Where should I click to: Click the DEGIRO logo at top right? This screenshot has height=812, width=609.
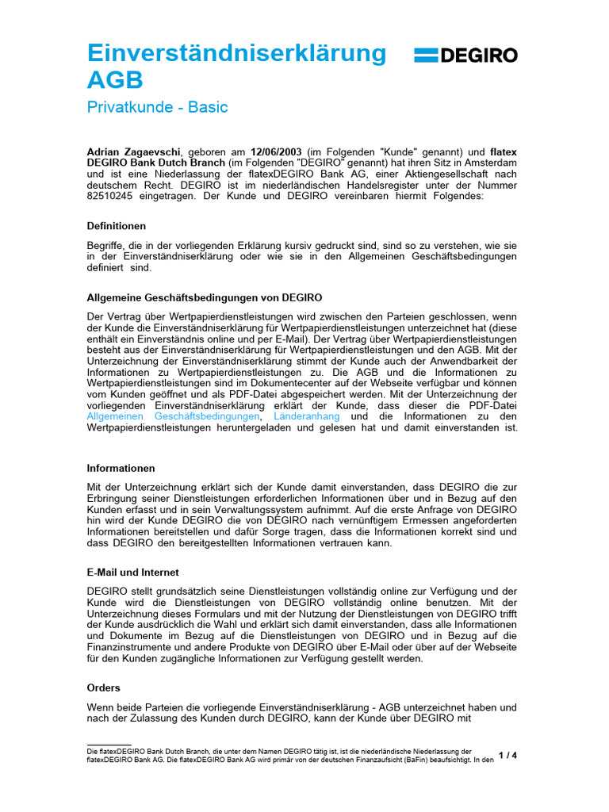(465, 55)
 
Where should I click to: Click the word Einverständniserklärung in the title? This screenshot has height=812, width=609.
(236, 52)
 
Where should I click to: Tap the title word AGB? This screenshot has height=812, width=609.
(115, 80)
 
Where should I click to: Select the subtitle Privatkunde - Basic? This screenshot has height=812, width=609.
(157, 107)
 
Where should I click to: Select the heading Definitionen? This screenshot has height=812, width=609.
(116, 226)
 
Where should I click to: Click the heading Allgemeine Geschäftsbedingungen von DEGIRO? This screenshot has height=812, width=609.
(204, 297)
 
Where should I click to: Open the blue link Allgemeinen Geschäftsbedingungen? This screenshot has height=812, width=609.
(173, 416)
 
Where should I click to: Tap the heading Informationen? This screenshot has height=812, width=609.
(121, 468)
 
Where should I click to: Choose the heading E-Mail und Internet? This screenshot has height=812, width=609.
(132, 572)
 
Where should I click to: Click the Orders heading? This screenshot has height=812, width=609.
(103, 688)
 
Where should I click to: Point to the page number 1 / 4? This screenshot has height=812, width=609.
(507, 755)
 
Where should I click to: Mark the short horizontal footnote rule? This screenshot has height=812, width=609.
(109, 745)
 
